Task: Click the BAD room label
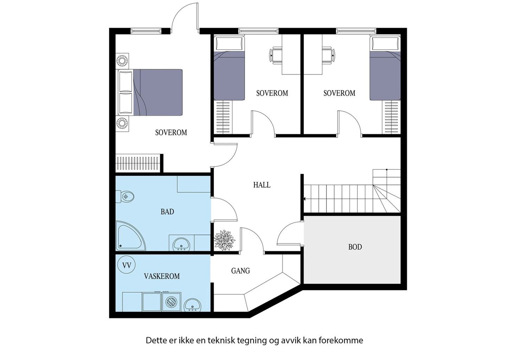tap(167, 212)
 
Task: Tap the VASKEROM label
tap(161, 276)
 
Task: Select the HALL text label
tap(262, 185)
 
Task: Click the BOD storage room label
tap(355, 247)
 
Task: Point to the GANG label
tap(240, 271)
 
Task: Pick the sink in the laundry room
tap(193, 304)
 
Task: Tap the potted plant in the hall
tap(224, 240)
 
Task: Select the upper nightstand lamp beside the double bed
tap(122, 60)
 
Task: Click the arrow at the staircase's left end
tap(305, 199)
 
